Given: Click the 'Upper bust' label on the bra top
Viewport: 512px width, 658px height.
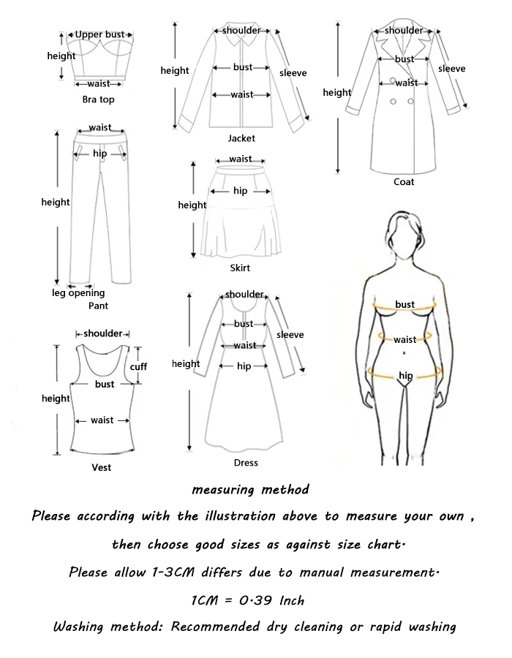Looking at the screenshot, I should (x=99, y=34).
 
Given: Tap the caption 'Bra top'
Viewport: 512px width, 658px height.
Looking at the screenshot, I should (x=99, y=99).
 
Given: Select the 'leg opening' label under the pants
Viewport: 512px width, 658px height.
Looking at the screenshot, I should (x=78, y=294).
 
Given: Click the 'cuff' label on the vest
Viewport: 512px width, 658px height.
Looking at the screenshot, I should (x=138, y=366).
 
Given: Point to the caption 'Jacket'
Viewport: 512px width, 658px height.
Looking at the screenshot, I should (x=241, y=138).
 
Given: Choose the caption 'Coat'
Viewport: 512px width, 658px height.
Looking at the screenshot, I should (x=404, y=182).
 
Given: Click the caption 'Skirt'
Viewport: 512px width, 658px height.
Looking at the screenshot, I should (x=240, y=268).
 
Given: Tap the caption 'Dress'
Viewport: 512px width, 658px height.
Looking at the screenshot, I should (x=246, y=463).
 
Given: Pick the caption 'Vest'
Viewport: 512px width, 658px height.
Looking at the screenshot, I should (x=102, y=467).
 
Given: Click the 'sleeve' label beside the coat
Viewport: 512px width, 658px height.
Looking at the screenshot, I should (x=452, y=69).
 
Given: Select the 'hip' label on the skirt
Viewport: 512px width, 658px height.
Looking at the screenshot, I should (x=240, y=192).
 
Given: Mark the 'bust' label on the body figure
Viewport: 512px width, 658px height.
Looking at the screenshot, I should (x=405, y=304).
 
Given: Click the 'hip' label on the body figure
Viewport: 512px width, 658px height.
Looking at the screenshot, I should (x=405, y=376).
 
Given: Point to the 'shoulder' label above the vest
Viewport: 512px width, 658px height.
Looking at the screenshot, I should (x=103, y=333).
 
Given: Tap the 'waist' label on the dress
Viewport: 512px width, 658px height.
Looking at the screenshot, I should (x=245, y=345).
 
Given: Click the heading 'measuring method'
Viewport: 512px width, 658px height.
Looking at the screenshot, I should (x=250, y=489).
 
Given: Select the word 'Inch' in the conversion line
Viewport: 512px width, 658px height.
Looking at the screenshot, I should (x=292, y=600).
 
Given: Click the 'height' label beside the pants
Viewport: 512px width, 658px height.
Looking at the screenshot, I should (x=56, y=203).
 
